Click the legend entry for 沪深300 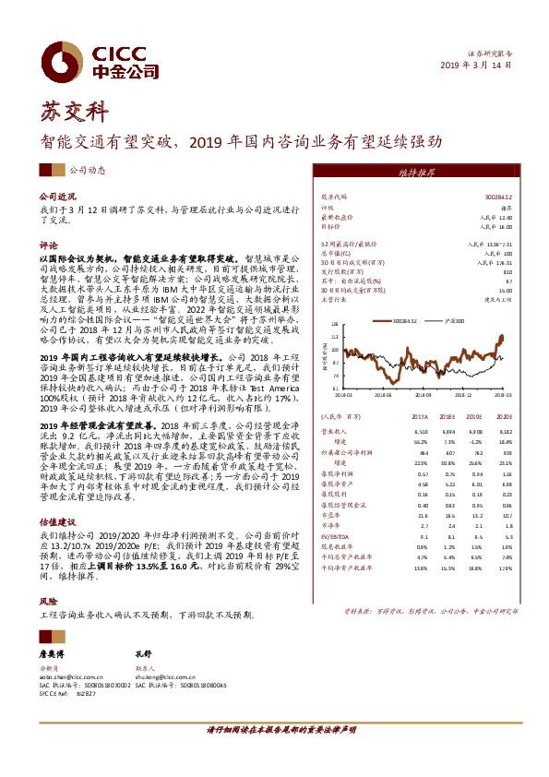tap(452, 322)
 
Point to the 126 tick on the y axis tap(336, 323)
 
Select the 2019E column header tap(474, 416)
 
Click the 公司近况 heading tap(55, 197)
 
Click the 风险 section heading tap(48, 601)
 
